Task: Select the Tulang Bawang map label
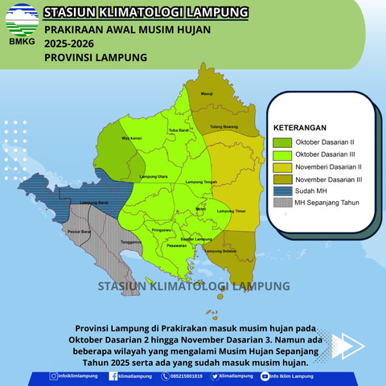coord(224,126)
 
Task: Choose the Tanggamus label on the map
coord(131,241)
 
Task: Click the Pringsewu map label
coord(162,230)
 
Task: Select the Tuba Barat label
coord(179,130)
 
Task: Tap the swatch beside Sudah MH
coord(283,191)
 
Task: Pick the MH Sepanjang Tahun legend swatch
coord(283,203)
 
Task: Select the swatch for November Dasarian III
coord(283,179)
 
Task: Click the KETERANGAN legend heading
coord(299,127)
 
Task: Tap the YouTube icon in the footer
coord(265,376)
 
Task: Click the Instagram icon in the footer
coord(53,376)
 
